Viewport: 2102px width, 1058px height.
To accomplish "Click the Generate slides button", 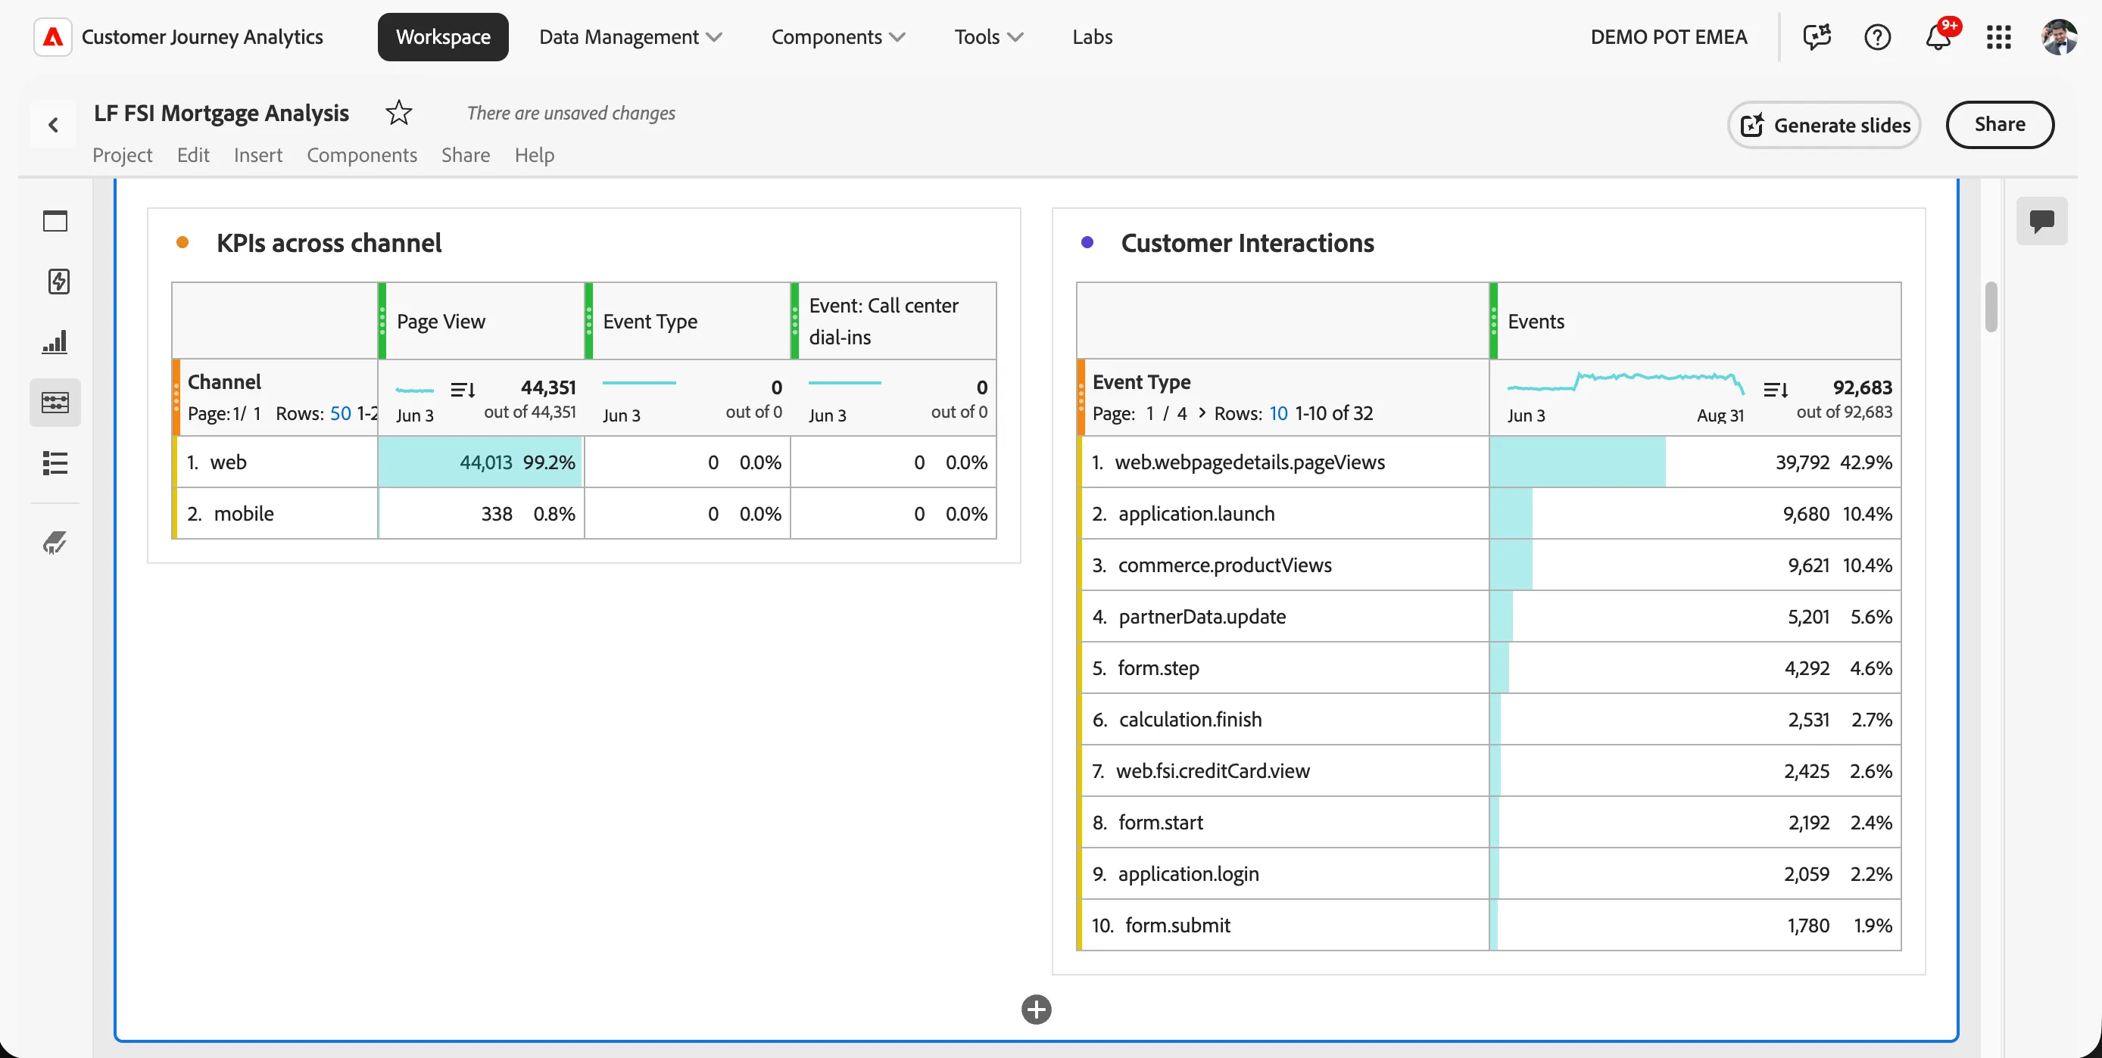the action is (1824, 125).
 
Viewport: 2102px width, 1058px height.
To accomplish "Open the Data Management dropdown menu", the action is (630, 37).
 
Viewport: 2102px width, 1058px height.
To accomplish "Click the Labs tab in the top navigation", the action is (1092, 37).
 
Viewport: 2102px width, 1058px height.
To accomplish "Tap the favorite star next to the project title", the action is (398, 113).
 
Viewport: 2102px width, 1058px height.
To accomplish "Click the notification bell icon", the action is (1938, 38).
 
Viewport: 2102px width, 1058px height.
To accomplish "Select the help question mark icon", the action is (1878, 38).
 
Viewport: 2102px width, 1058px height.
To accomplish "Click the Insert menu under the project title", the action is (258, 155).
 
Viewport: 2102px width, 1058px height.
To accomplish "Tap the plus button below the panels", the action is (1037, 1010).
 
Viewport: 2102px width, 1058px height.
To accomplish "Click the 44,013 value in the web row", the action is (486, 462).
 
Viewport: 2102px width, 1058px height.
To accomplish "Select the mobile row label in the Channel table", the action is (243, 514).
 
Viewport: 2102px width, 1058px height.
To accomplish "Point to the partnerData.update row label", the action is (1202, 617).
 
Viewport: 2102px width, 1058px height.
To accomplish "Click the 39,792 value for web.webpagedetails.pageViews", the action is (1803, 462).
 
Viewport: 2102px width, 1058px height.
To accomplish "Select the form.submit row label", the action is (1177, 925).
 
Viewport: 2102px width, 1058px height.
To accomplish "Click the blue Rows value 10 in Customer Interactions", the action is (1278, 413).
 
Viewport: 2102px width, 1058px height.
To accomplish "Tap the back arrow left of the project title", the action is (54, 125).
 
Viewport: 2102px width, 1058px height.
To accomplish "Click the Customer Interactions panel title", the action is (1248, 243).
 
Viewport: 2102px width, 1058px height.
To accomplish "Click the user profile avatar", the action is (2059, 38).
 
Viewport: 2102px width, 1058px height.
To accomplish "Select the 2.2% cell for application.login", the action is (1871, 873).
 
